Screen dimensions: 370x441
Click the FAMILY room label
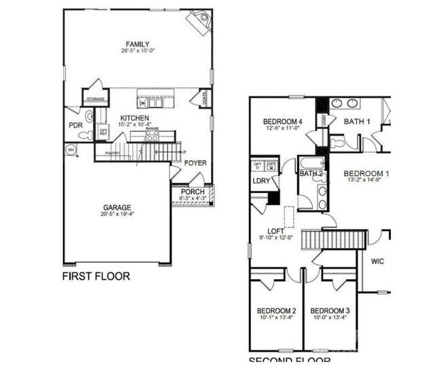point(137,45)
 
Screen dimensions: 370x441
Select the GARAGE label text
point(117,208)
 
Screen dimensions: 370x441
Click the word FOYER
point(195,163)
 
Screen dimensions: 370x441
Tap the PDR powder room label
point(75,126)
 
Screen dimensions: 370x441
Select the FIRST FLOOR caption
point(96,276)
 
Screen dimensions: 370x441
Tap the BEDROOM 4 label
point(282,122)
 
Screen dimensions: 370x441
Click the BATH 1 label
point(357,122)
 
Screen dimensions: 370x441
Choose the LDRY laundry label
point(262,181)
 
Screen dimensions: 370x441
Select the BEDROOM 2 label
point(275,310)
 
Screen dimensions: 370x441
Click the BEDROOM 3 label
point(330,310)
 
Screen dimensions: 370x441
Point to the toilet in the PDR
point(85,135)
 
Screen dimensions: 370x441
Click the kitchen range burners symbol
point(152,136)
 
